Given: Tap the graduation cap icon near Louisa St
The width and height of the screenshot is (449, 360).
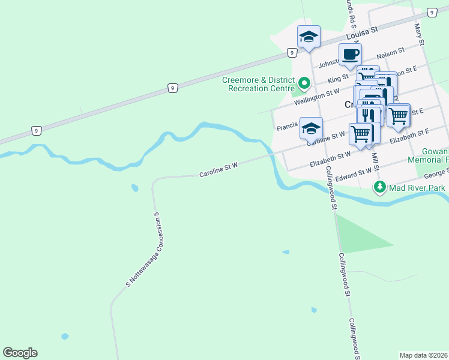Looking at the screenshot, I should (309, 37).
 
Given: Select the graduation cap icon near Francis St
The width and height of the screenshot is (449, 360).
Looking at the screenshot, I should (311, 128).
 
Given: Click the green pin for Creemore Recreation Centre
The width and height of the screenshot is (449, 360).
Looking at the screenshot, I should (304, 82).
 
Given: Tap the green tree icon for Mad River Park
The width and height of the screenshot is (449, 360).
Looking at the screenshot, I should (379, 187).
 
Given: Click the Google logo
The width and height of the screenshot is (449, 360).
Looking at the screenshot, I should (20, 353).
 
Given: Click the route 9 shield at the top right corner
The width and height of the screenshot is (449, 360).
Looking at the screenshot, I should (431, 12).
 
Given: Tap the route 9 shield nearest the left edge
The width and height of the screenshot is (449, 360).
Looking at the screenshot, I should (37, 130).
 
